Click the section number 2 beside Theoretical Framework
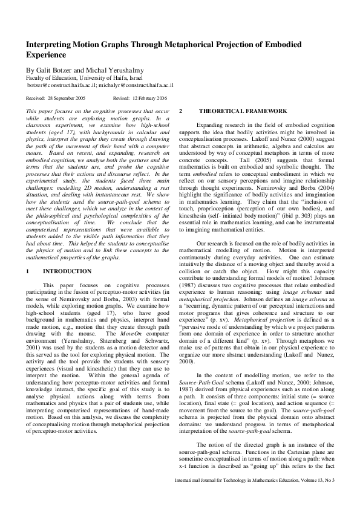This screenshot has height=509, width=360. (181, 111)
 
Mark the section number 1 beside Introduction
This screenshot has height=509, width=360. (28, 271)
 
